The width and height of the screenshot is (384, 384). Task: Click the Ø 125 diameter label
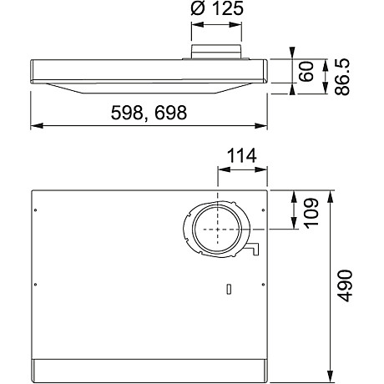(217, 12)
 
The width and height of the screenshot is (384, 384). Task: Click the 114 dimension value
(241, 156)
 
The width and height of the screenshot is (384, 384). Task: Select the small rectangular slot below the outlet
(226, 289)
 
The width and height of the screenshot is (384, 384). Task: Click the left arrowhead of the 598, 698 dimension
(35, 126)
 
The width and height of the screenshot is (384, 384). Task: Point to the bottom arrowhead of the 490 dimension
(332, 375)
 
